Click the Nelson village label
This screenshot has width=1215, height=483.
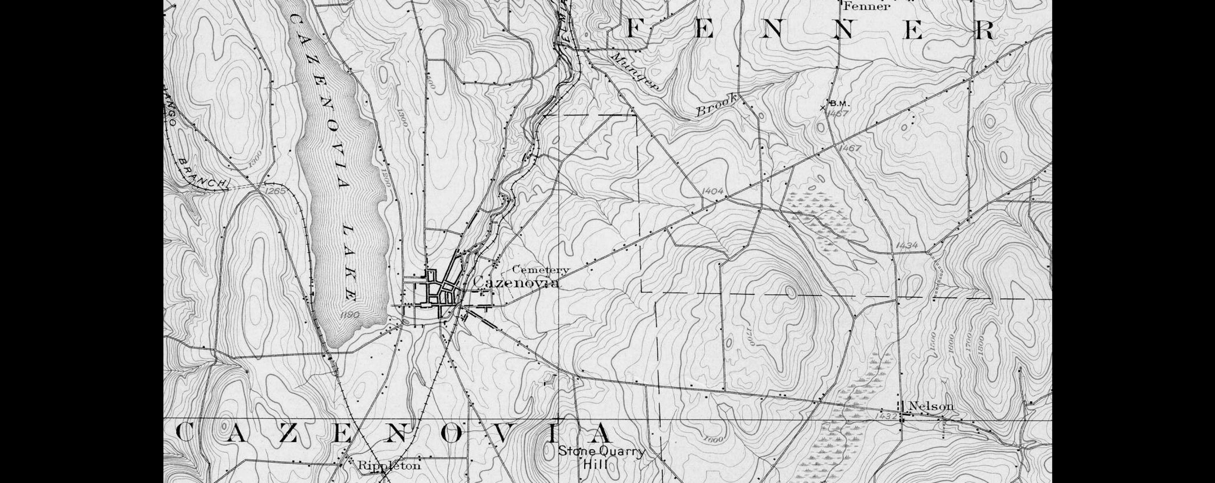point(931,406)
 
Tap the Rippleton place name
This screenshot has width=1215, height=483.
point(389,466)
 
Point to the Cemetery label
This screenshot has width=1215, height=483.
point(541,270)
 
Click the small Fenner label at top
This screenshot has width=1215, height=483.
point(867,6)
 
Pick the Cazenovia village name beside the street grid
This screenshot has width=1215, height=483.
point(517,282)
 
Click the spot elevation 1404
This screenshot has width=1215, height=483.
point(712,191)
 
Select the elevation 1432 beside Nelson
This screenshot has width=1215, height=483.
point(886,417)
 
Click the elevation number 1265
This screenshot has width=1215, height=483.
point(276,191)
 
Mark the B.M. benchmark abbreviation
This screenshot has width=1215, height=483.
point(840,103)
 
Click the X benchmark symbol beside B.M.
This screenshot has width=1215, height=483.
point(823,108)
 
